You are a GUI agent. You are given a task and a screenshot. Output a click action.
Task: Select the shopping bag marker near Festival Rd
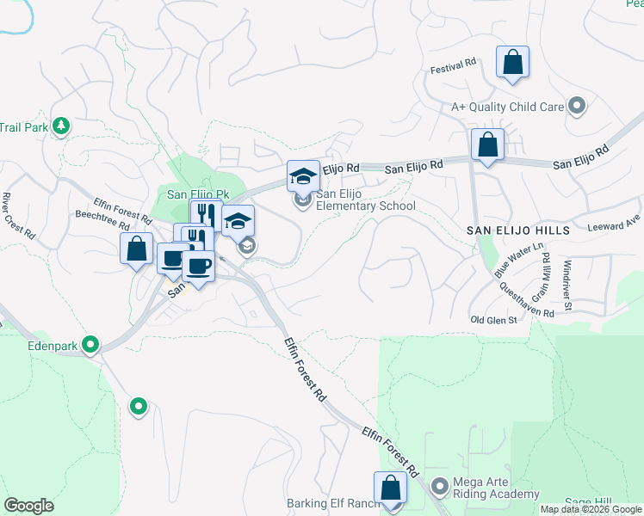click(x=512, y=63)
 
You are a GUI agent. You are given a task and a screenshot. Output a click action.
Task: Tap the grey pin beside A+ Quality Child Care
click(x=577, y=107)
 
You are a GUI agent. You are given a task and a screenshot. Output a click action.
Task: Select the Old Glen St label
click(x=493, y=320)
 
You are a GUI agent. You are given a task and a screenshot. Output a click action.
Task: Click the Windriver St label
click(x=567, y=286)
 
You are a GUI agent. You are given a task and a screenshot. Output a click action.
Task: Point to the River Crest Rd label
click(x=17, y=216)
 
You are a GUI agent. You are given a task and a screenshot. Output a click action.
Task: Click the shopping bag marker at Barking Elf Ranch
click(x=390, y=488)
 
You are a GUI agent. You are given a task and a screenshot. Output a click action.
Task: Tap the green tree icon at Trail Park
click(x=60, y=126)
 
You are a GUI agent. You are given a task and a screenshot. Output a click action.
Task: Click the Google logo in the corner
click(x=28, y=505)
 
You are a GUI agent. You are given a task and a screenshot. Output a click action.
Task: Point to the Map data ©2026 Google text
click(x=590, y=509)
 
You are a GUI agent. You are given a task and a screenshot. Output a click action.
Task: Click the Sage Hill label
click(x=587, y=502)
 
